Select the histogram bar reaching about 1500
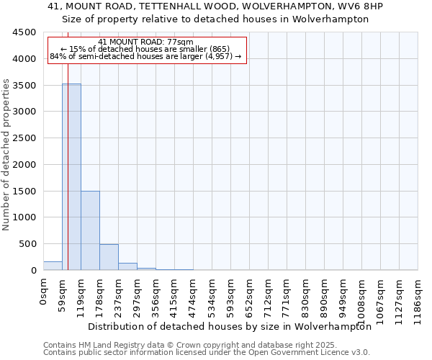(x=90, y=230)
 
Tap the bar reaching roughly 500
(x=109, y=257)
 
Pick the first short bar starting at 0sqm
(x=53, y=266)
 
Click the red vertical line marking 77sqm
(x=68, y=144)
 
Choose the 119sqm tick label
(x=81, y=293)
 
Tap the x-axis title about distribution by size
(x=229, y=326)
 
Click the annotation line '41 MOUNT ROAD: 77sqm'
(x=146, y=42)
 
